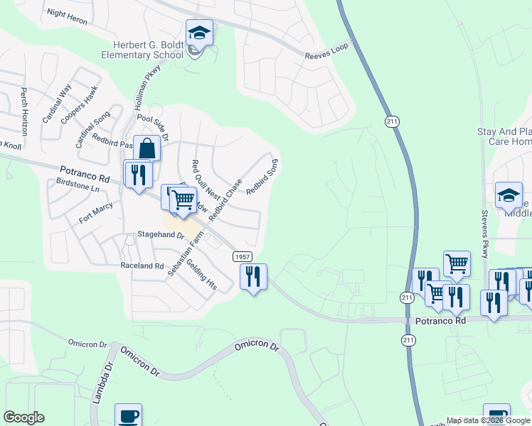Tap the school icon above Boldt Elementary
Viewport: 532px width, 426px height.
[x=199, y=33]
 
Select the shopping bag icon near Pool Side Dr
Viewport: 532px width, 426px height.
[x=147, y=148]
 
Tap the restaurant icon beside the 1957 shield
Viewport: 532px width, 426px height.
[x=253, y=275]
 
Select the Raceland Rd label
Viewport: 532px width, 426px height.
[x=142, y=266]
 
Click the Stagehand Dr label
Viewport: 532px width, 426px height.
[x=161, y=236]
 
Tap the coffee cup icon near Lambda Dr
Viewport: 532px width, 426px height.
[x=128, y=416]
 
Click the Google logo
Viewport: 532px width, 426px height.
[x=24, y=417]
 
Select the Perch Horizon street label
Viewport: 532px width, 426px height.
[x=24, y=112]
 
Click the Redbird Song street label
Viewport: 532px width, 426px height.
[x=262, y=177]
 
